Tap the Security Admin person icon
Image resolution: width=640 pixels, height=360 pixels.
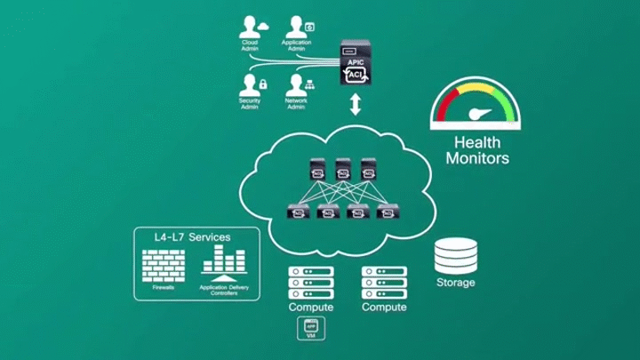[250, 85]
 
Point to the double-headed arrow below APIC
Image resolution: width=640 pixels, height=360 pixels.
[355, 106]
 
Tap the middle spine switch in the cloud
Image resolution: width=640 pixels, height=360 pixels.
[342, 167]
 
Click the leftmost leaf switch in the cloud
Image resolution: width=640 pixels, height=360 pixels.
[297, 212]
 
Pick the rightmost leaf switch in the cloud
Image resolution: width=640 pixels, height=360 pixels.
[386, 212]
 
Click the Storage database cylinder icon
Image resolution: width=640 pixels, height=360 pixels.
[455, 256]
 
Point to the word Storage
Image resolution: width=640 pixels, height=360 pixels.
[455, 283]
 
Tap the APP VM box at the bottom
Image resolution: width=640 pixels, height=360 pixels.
[311, 331]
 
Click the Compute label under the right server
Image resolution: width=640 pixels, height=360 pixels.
[384, 308]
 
